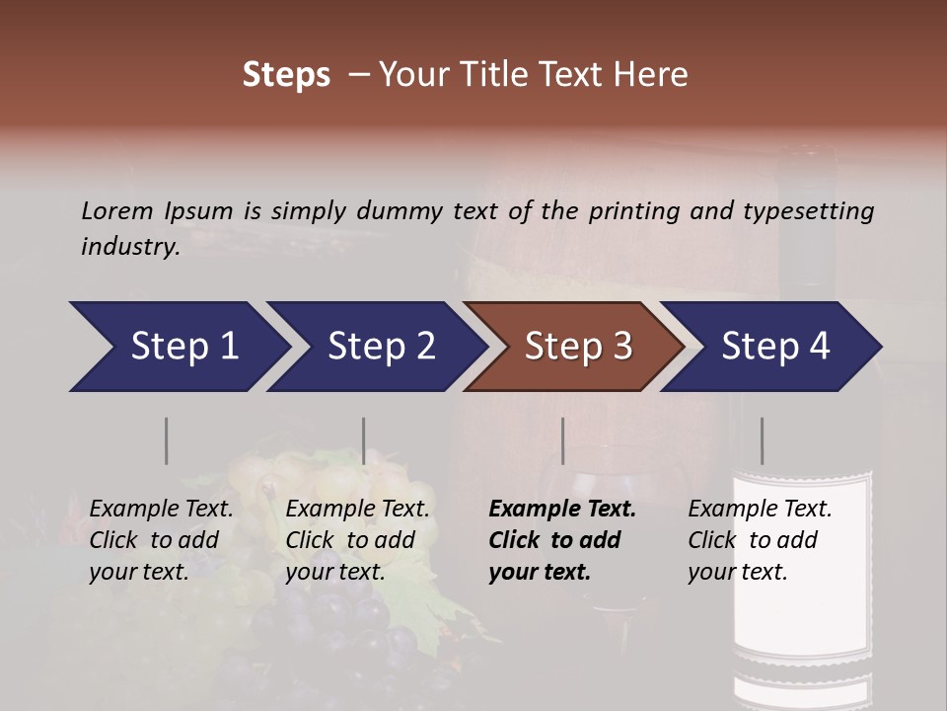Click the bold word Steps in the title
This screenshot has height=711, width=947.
click(x=286, y=75)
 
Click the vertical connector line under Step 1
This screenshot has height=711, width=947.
click(x=167, y=440)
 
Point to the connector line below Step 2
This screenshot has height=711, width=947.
click(x=364, y=440)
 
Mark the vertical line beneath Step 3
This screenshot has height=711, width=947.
click(x=563, y=440)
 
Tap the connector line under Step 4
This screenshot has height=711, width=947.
click(x=762, y=440)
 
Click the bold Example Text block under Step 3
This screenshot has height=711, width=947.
click(x=562, y=540)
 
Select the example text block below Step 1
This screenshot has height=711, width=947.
click(x=161, y=540)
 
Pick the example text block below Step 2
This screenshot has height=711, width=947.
click(x=357, y=540)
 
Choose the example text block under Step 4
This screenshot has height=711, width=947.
click(x=760, y=540)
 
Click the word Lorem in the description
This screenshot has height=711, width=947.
click(x=117, y=211)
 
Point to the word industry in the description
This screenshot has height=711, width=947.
click(x=128, y=247)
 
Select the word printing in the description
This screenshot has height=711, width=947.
click(x=635, y=211)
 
